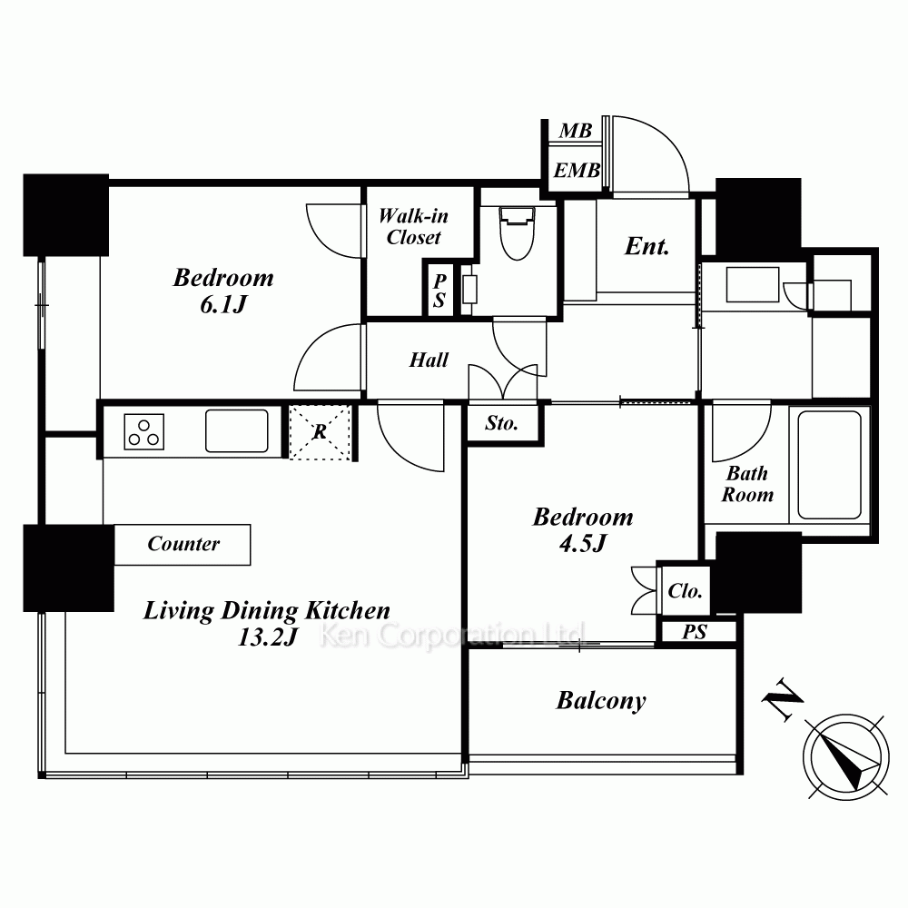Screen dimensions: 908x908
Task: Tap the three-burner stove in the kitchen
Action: tap(144, 432)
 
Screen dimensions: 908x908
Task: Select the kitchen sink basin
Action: tap(237, 430)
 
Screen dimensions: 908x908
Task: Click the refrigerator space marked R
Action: tap(320, 432)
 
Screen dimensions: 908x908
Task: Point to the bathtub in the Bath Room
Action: tap(829, 465)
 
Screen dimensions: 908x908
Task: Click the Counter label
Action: tap(183, 544)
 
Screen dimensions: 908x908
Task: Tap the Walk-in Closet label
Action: tap(413, 226)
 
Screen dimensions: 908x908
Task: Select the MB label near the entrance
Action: tap(576, 131)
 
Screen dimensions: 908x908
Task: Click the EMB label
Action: tap(577, 171)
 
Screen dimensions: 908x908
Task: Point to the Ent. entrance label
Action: tap(646, 246)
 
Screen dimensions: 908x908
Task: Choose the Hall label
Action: tap(429, 360)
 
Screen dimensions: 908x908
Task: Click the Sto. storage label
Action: tap(501, 423)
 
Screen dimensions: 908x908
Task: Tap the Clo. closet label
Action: tap(685, 591)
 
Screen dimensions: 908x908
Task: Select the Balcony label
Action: tap(601, 701)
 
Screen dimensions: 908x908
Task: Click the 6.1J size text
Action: tap(223, 304)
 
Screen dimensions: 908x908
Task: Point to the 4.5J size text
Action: tap(583, 543)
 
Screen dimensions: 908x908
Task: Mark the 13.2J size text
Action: tap(268, 637)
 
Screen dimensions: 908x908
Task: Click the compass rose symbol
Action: tap(846, 757)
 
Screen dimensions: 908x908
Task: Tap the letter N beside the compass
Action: tap(781, 698)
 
